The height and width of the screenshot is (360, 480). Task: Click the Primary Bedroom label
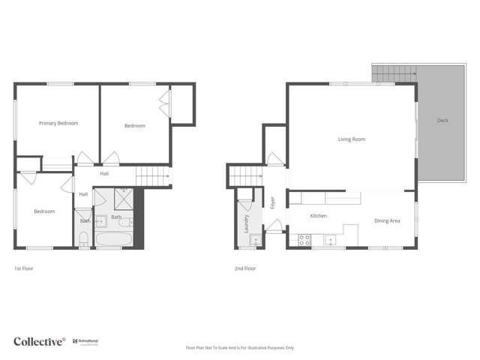point(58,123)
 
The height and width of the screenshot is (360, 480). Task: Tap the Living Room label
point(351,139)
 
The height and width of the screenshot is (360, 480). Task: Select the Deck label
point(443,120)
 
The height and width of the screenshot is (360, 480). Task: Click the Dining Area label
point(387,220)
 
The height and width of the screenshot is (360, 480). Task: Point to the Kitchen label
point(319,216)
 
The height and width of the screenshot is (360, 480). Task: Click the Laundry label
point(246,223)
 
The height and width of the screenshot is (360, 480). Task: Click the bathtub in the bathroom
point(114,240)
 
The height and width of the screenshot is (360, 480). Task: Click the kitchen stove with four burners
point(305,240)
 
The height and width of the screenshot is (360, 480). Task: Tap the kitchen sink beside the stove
point(328,241)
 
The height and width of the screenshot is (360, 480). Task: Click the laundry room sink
point(255,241)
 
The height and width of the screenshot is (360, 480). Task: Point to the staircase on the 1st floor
point(152,177)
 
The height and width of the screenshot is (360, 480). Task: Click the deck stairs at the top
point(393,73)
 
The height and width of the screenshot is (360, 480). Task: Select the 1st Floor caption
point(24,268)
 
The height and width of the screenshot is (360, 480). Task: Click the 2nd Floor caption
point(245,268)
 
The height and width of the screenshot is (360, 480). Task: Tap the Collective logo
point(40,341)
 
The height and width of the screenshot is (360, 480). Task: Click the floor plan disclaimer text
point(240,348)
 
